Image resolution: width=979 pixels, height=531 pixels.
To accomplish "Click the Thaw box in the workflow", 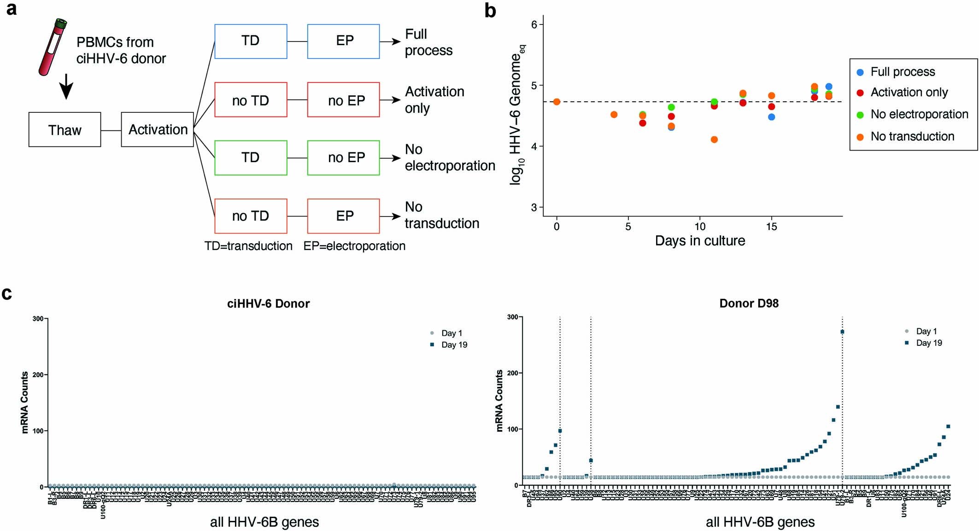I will (x=64, y=130).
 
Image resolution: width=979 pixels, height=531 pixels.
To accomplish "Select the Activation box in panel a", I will (x=157, y=130).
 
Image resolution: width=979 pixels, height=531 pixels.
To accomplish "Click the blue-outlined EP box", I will (x=343, y=41).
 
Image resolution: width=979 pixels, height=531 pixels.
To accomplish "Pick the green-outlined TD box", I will (x=251, y=158).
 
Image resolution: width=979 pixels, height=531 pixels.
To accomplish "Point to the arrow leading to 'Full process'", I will (x=390, y=41).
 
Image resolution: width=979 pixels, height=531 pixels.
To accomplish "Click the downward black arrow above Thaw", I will (x=66, y=86).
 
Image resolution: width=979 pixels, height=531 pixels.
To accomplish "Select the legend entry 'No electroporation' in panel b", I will (x=919, y=114).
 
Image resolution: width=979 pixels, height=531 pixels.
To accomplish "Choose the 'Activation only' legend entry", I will (x=909, y=93).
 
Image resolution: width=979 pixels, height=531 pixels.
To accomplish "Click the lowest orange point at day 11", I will (x=714, y=140).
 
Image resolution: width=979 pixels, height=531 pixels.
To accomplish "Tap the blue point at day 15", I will (x=772, y=117).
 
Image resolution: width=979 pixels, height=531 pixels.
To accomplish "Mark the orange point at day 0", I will (x=557, y=102).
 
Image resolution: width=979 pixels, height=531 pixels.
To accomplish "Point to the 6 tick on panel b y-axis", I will (x=534, y=24).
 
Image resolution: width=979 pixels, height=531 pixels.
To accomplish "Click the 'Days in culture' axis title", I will (x=700, y=241).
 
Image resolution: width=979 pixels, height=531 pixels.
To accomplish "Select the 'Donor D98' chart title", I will (x=749, y=303).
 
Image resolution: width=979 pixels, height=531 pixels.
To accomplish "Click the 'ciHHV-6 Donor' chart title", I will (x=268, y=303).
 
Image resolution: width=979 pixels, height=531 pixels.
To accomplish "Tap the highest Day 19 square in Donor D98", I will (x=842, y=332).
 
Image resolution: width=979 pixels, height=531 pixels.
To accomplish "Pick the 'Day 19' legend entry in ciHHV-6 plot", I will (x=454, y=345).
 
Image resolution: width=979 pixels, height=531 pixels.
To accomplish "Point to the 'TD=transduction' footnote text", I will (x=248, y=246).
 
